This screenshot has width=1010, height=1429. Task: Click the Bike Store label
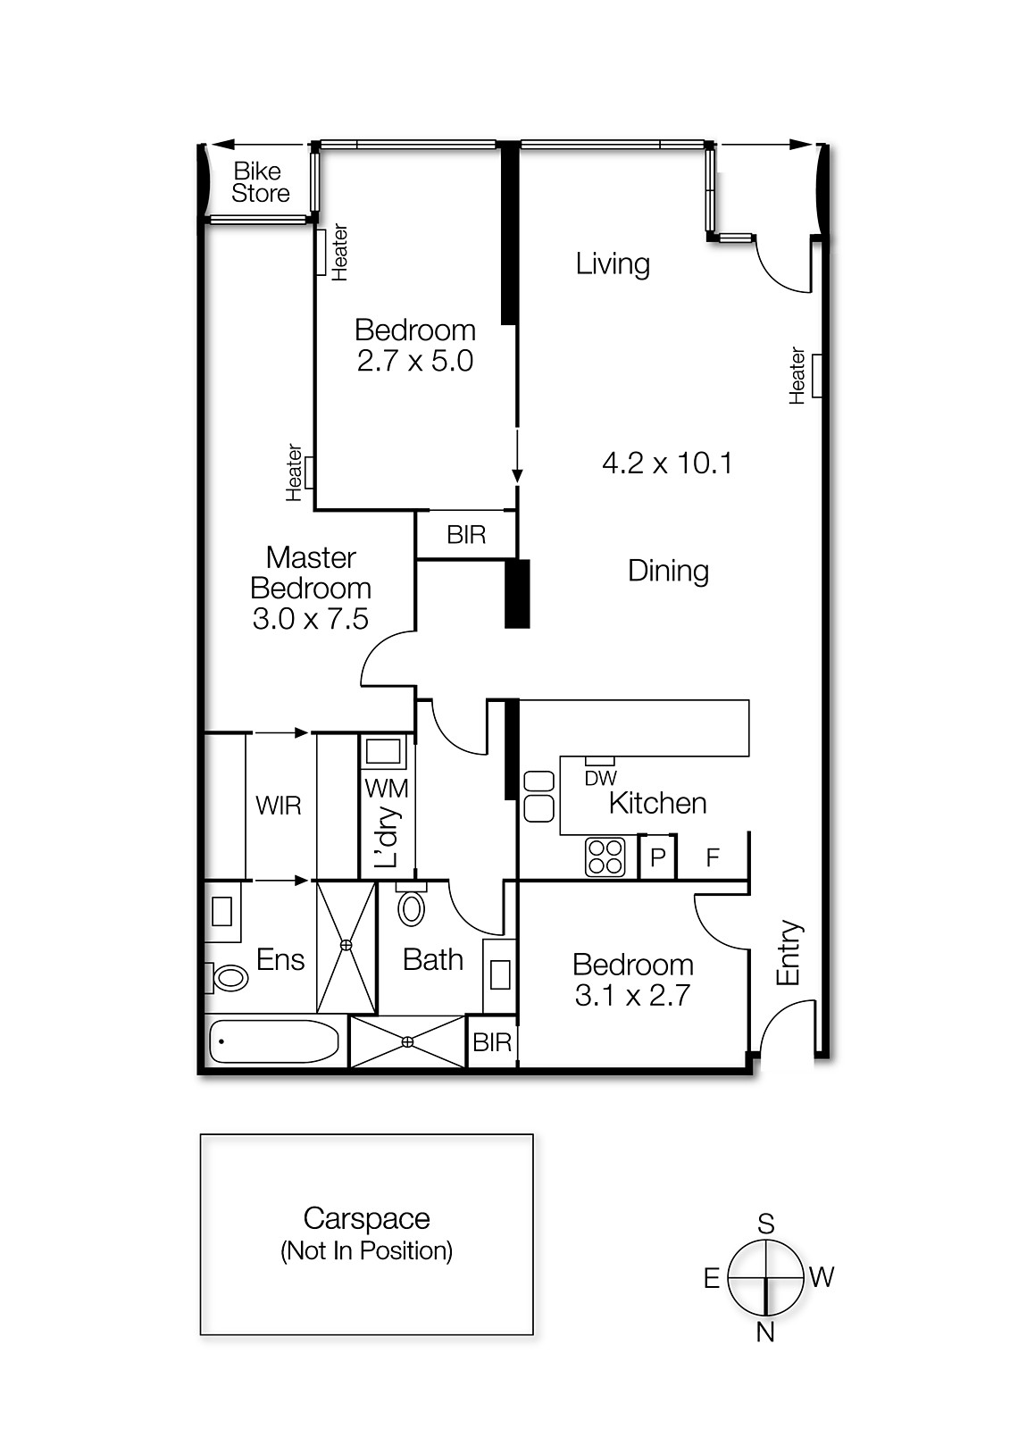(261, 182)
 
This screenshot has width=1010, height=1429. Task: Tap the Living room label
(613, 263)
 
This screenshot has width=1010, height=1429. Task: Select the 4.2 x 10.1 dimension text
(667, 463)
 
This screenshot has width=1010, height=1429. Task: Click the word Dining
(668, 571)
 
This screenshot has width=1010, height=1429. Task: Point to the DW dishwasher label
(601, 778)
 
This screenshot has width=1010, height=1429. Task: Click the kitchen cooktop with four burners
(605, 857)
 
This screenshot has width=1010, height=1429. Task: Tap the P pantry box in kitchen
(658, 857)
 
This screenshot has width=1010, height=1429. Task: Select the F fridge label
(713, 858)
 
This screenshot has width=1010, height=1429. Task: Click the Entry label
(789, 953)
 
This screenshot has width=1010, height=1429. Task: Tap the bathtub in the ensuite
(274, 1041)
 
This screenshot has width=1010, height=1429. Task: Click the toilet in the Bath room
(412, 908)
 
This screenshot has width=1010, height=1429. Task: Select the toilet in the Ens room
(229, 978)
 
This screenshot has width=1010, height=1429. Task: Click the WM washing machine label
(387, 788)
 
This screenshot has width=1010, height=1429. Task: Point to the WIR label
(278, 806)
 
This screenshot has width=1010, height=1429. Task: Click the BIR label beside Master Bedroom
(466, 535)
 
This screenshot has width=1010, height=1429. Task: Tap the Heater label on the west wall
(798, 376)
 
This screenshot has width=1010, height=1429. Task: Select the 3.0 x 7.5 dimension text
(310, 619)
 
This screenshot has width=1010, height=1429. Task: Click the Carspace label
(366, 1218)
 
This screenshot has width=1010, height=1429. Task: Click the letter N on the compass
(765, 1332)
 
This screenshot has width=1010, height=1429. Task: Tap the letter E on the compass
(711, 1278)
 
